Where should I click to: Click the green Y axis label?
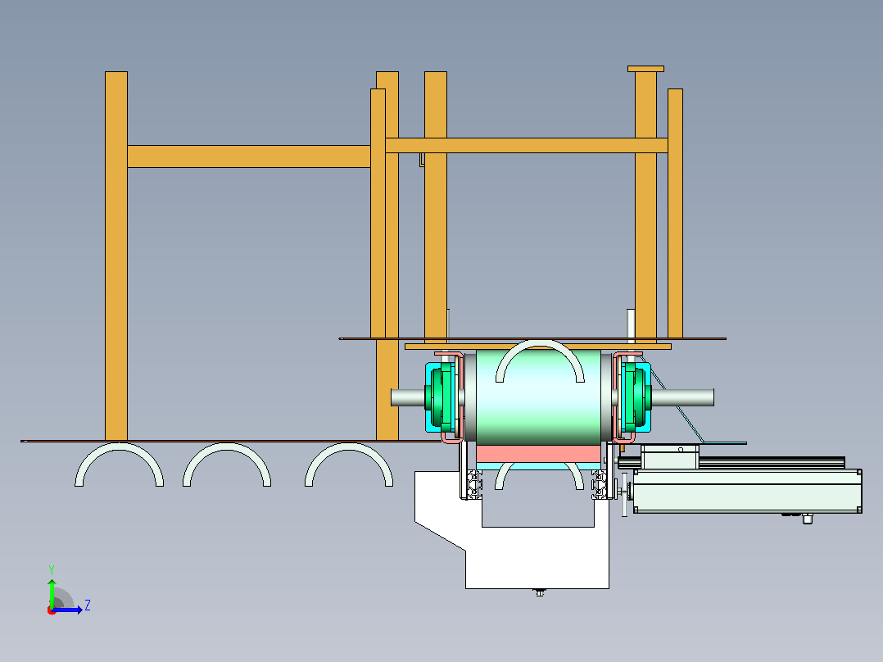(52, 569)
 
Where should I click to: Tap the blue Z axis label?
(88, 605)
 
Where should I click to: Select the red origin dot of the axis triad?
(52, 610)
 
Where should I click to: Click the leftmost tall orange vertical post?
(116, 256)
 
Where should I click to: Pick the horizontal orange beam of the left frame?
(248, 156)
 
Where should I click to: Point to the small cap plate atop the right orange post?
(646, 69)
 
